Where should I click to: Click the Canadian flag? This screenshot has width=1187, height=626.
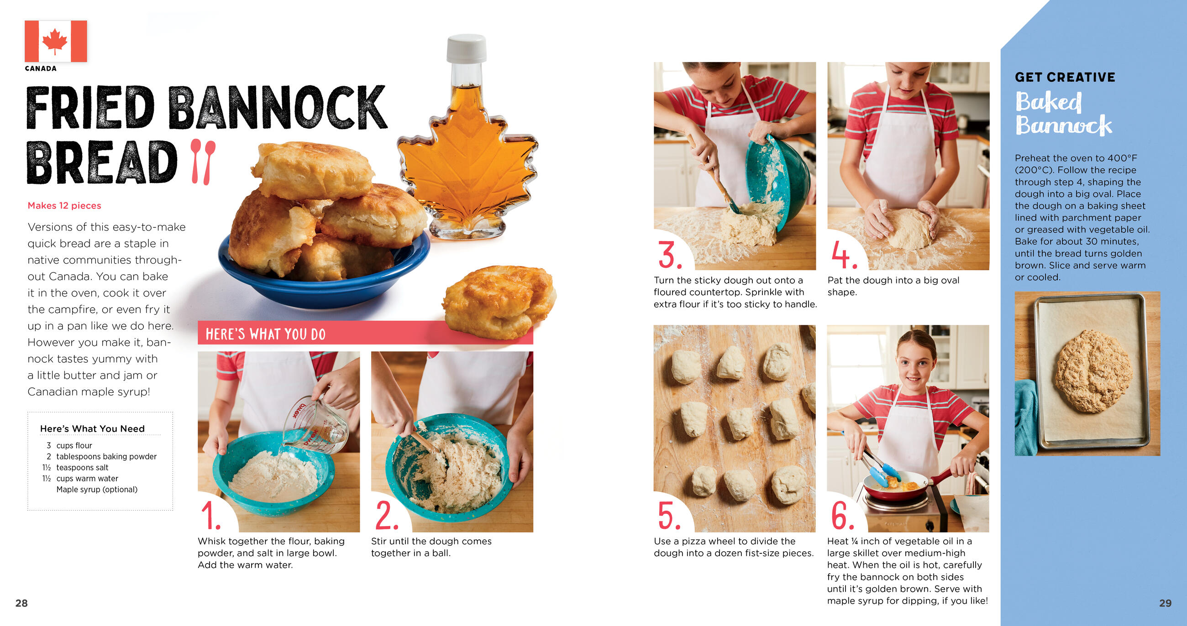tap(56, 41)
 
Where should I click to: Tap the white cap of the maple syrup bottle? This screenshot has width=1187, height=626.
tap(466, 48)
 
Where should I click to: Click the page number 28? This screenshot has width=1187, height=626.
tap(21, 603)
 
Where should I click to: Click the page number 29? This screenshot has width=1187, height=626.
tap(1166, 603)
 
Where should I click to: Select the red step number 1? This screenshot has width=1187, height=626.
tap(210, 516)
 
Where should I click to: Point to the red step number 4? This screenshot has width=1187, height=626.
tap(844, 255)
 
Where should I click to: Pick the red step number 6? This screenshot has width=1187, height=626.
tap(842, 516)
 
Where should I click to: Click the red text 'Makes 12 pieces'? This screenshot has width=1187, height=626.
tap(64, 205)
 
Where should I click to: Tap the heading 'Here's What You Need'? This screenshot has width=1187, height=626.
tap(93, 428)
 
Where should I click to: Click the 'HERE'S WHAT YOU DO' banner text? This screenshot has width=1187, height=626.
tap(265, 334)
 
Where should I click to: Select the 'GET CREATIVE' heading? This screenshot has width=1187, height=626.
tap(1065, 77)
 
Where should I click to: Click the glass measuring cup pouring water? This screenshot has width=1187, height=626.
tap(316, 425)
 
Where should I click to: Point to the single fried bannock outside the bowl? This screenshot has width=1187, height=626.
tap(499, 302)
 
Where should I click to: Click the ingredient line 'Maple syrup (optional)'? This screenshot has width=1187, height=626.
tap(97, 489)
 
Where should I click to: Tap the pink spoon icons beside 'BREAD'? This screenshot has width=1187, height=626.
tap(203, 162)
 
